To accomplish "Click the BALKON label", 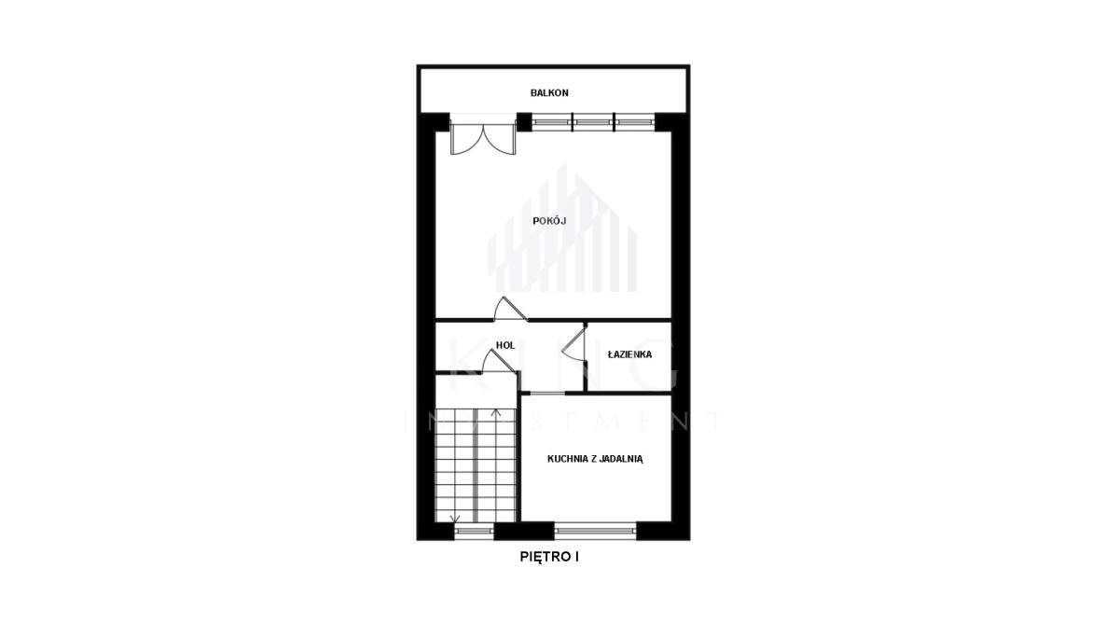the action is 549,93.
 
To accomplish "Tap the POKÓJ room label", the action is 549,221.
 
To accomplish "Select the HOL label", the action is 505,345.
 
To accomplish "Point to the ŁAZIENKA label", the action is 629,354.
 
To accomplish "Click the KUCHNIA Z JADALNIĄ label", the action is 595,459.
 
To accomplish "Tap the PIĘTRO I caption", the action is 549,557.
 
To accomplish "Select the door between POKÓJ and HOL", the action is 509,310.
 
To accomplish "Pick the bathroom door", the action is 574,344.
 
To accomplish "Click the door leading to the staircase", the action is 499,362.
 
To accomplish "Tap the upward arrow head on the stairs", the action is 496,412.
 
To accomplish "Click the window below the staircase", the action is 474,531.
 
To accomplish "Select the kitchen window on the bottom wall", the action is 595,530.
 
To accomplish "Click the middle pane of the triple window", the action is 592,122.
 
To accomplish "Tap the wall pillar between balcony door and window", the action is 524,122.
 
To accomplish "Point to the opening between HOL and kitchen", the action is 547,394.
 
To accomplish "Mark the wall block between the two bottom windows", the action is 524,531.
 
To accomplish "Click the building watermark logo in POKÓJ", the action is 562,228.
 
